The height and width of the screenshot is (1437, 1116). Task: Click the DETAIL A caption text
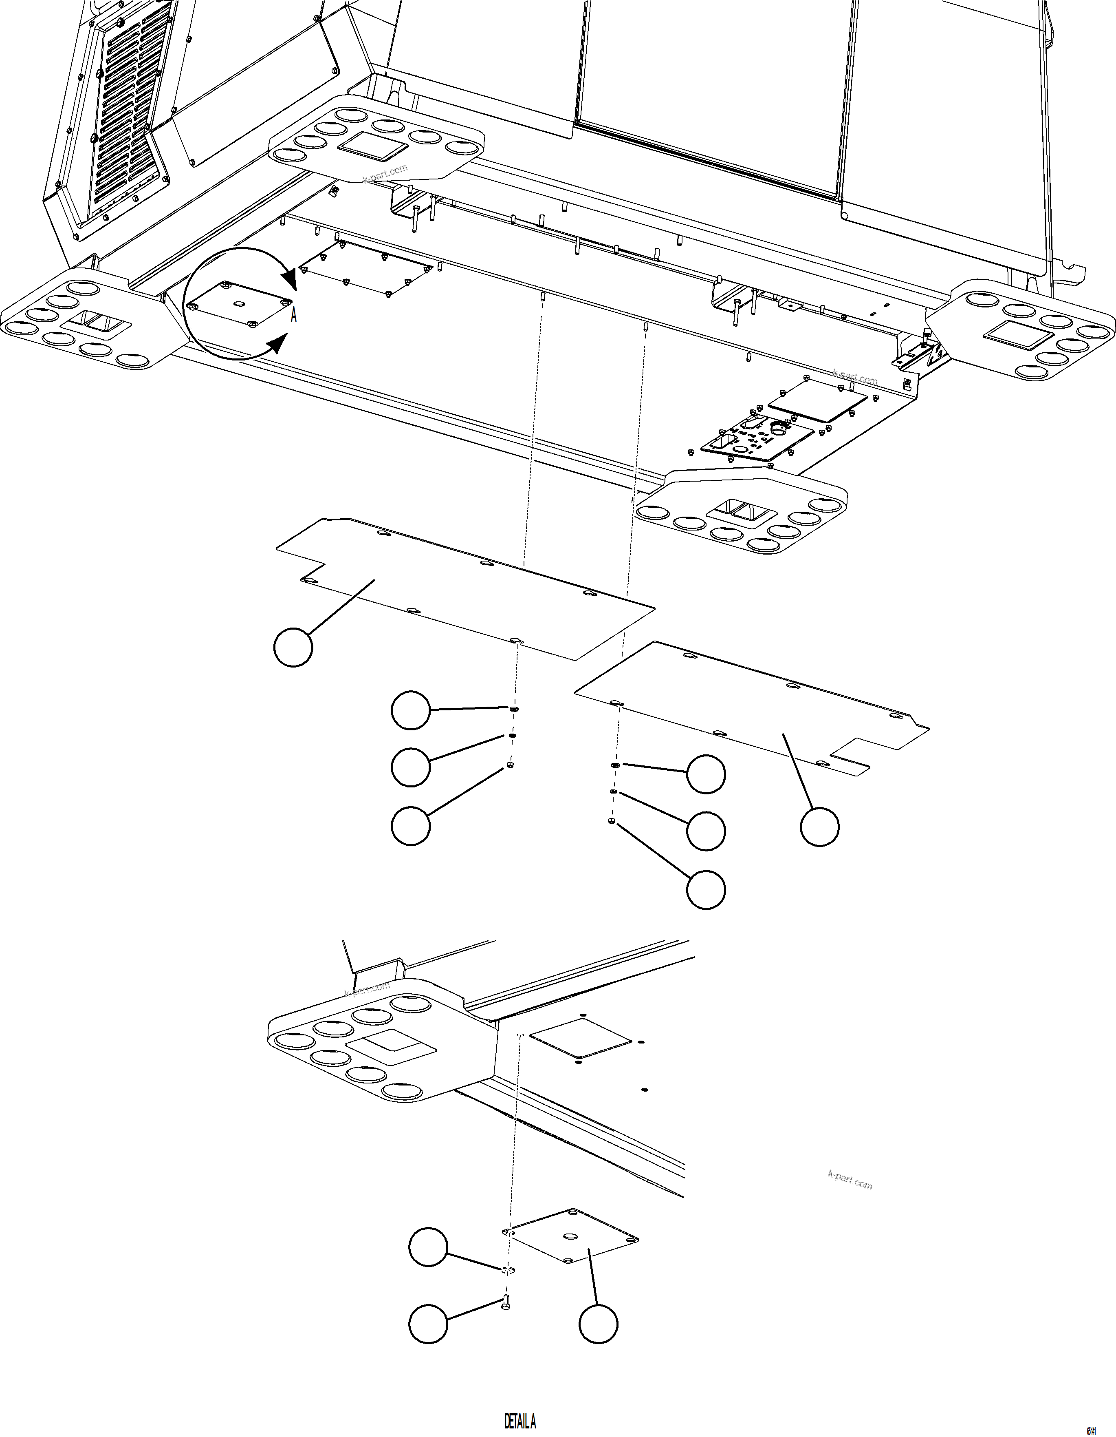tap(520, 1421)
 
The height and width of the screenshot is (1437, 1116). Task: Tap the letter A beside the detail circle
tap(294, 316)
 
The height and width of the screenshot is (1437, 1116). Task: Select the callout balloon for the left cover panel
tap(293, 648)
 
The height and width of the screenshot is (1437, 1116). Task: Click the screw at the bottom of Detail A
tap(506, 1301)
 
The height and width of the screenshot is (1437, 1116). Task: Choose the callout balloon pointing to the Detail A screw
tap(428, 1323)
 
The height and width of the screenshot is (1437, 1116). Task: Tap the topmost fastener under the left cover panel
tap(514, 709)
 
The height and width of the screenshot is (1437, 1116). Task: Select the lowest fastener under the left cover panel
tap(510, 766)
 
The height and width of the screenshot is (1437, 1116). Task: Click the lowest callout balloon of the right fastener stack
tap(706, 890)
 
